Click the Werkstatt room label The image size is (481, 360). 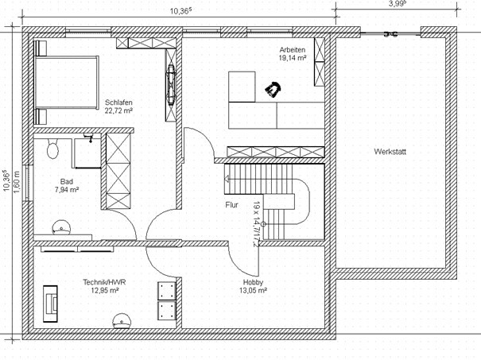390,152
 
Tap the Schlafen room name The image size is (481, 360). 118,103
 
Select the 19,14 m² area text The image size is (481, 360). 293,58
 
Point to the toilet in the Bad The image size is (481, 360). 52,149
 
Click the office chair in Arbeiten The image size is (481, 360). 273,89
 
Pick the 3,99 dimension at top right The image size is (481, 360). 398,4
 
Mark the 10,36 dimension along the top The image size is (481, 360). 181,11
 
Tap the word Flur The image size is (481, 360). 231,205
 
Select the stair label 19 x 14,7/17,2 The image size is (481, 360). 256,224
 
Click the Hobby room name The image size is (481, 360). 253,282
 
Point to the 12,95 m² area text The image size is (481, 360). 105,290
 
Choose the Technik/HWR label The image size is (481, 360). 104,282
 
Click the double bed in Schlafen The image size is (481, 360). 66,82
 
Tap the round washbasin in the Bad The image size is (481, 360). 61,227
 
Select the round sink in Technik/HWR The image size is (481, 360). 122,321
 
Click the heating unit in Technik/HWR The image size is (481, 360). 50,304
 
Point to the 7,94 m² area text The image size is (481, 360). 67,190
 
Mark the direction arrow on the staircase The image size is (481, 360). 227,179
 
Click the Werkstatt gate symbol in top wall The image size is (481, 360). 391,34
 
